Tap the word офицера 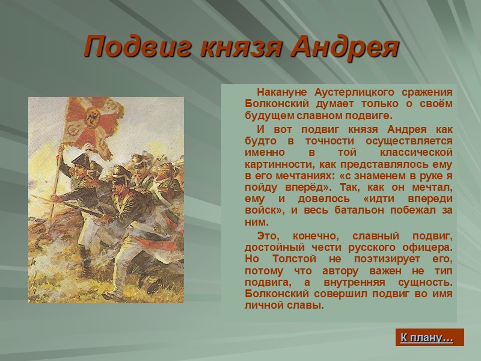(x=430, y=247)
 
